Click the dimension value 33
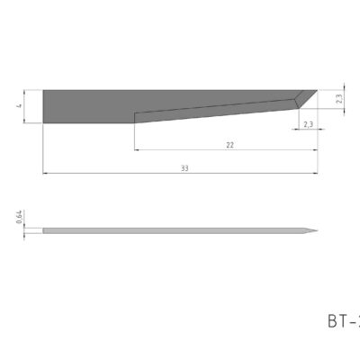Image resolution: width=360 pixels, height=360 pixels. tap(184, 167)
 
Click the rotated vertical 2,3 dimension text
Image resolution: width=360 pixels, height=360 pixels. tap(338, 99)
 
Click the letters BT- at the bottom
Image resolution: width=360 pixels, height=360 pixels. tap(342, 319)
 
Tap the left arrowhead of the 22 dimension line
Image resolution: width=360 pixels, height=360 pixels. tap(136, 149)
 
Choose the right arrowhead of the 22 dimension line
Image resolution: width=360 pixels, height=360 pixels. tap(316, 149)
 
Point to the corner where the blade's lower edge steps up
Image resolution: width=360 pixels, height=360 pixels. tap(134, 114)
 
